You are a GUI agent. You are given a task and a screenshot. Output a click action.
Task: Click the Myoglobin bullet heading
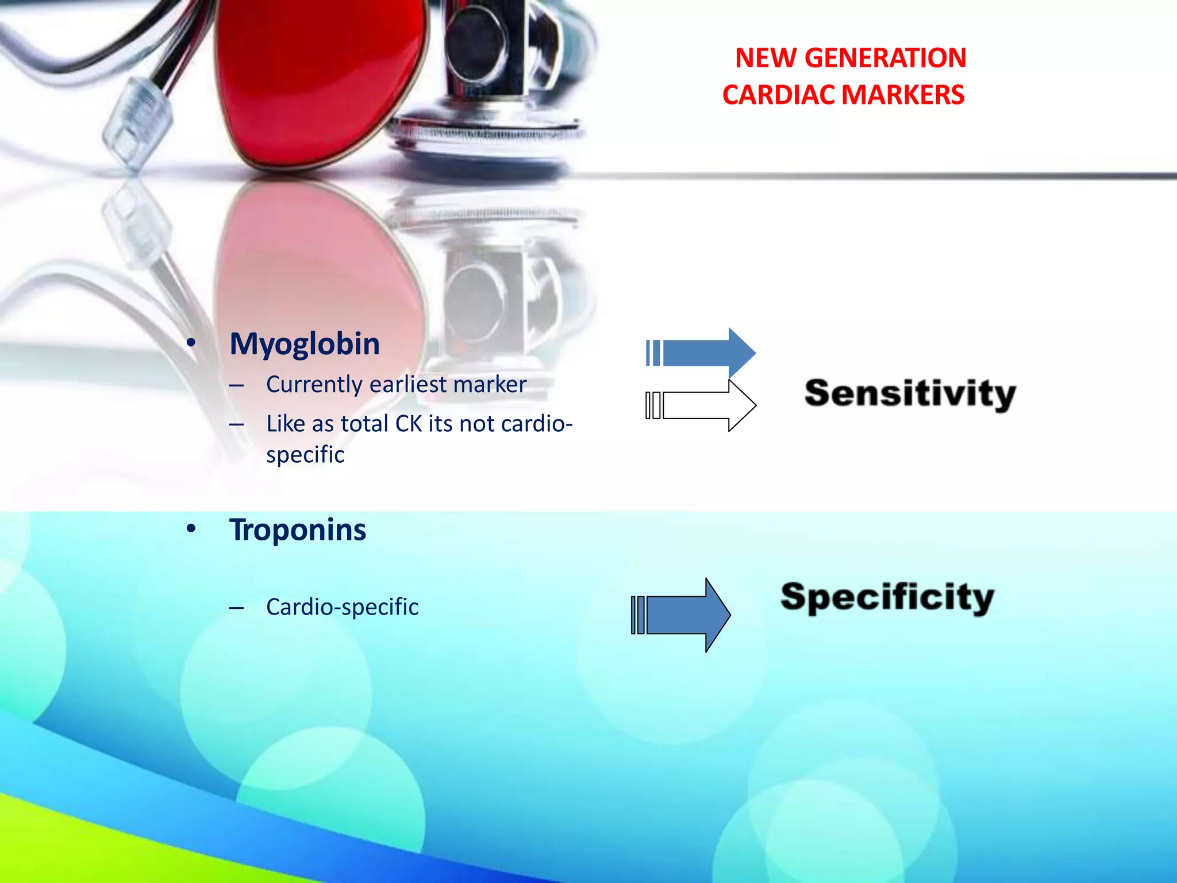point(305,344)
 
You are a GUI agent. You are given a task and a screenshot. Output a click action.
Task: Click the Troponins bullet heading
point(298,529)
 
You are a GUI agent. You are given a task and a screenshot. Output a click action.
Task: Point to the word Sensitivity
point(910,394)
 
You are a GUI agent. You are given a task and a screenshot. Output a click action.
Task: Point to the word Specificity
point(887,598)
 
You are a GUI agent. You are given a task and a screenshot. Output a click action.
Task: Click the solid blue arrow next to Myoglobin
point(707,352)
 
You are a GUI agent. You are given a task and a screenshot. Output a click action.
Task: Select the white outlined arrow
point(707,405)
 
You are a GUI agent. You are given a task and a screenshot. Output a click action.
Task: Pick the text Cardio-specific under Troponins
point(343,607)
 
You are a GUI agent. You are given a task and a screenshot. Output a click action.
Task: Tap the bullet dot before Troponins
point(191,528)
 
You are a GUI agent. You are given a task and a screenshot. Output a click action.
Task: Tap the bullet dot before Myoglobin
point(191,343)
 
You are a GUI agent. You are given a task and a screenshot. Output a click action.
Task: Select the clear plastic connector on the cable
point(137,124)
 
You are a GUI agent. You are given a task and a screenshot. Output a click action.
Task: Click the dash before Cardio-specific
point(236,608)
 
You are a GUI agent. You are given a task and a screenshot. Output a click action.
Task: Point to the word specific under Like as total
point(305,455)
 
